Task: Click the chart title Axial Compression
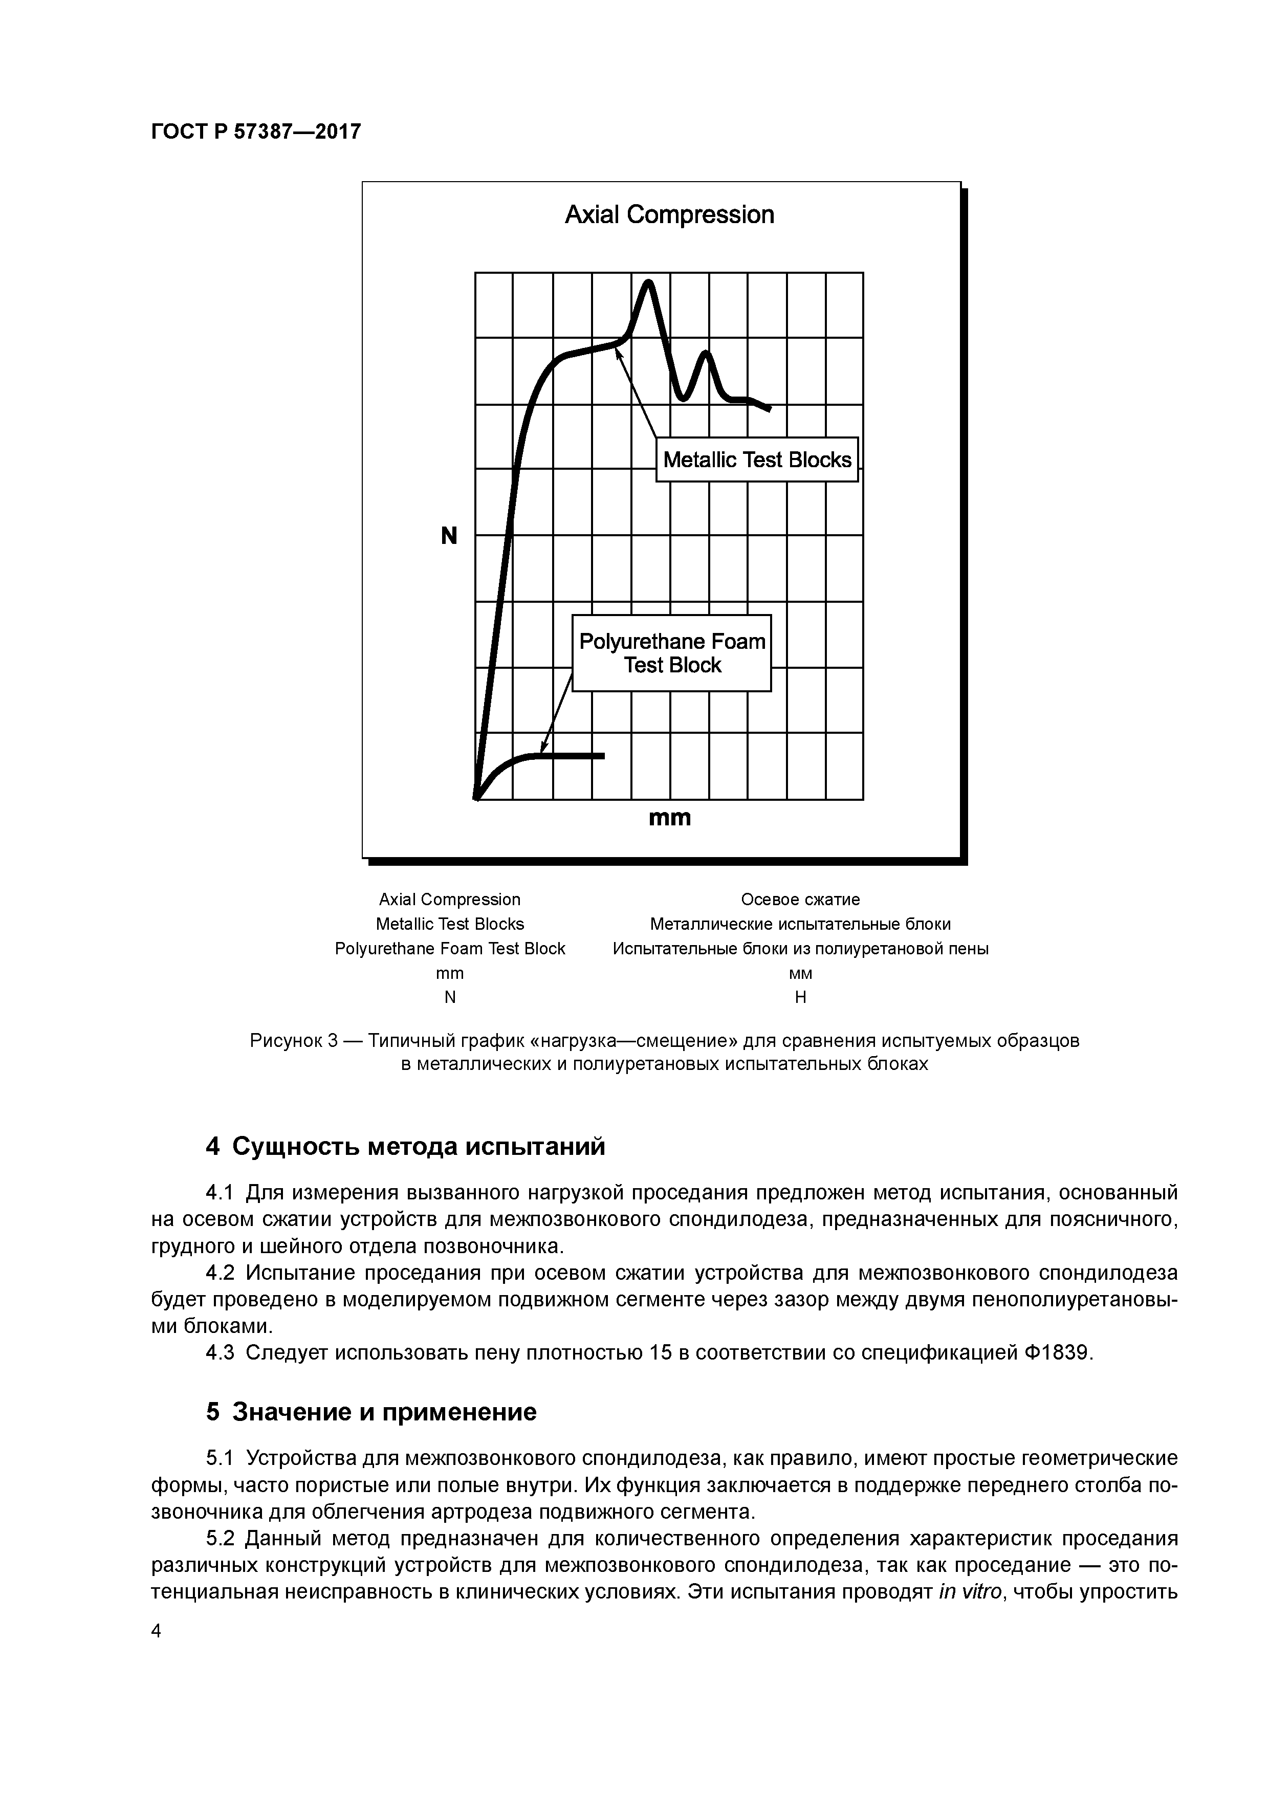[669, 214]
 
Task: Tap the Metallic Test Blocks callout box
[756, 459]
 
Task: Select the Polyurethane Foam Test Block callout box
[672, 653]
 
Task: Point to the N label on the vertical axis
[449, 536]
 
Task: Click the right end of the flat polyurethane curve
[602, 755]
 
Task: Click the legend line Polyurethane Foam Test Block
[450, 948]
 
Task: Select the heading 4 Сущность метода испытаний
[405, 1147]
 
